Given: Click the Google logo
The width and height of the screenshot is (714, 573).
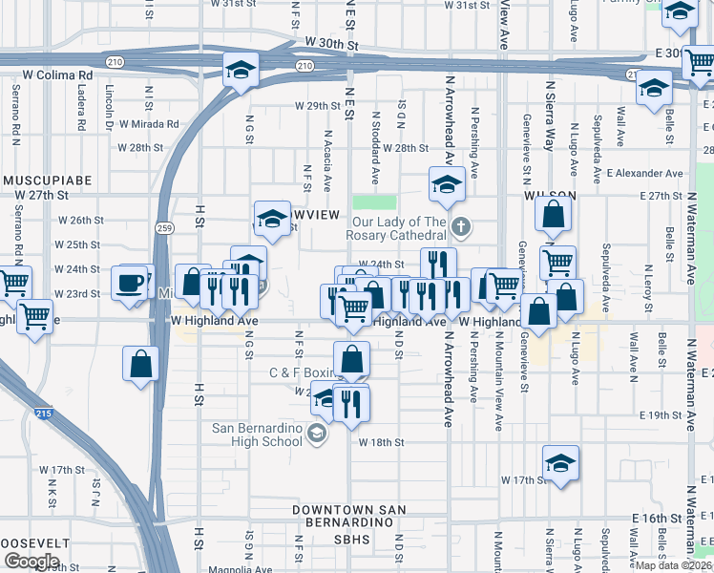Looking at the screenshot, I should coord(31,562).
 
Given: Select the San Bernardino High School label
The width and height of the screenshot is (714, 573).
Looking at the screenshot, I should coord(257,434).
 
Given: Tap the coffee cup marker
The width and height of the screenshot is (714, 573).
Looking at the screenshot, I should coord(129,283).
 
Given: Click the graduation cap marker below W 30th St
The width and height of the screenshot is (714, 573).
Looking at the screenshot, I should coord(241,70).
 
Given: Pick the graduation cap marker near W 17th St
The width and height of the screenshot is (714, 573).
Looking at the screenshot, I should coord(560,464).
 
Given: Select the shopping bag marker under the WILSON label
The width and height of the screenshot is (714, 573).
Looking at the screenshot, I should coord(553,217).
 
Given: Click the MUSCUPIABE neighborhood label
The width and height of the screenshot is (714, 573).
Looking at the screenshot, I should coord(45,180).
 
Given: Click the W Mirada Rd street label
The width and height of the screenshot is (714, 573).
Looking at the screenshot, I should coord(148,124).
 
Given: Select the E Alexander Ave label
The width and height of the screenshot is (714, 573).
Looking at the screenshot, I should coord(645,174).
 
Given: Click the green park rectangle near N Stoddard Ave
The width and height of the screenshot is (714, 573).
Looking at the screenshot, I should coord(374,202).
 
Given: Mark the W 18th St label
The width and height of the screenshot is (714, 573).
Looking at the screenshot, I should coord(382,443).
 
